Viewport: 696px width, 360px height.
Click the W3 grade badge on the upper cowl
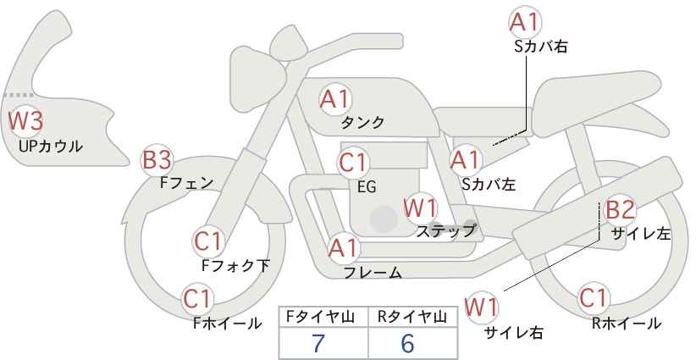point(25,121)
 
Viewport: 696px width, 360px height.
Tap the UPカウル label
point(51,146)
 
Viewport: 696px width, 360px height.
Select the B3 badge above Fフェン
point(157,160)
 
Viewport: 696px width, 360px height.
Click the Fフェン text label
point(186,182)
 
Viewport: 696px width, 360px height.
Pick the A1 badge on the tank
point(335,100)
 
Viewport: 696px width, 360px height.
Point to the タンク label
point(362,122)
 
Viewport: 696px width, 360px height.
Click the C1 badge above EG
point(353,163)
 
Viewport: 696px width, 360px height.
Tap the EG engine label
point(367,187)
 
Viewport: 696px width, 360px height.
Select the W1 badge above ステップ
point(420,208)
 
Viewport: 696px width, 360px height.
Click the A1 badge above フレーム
point(343,248)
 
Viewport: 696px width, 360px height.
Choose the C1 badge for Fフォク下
point(207,242)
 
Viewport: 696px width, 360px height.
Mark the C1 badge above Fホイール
point(197,299)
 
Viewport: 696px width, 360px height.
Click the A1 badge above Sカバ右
point(525,22)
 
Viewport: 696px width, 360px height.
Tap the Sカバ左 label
point(489,184)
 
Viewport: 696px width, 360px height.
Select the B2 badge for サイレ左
point(620,209)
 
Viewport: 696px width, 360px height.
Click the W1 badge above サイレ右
point(481,307)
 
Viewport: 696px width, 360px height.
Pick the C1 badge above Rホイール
point(593,298)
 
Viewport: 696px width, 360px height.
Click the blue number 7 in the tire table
point(318,343)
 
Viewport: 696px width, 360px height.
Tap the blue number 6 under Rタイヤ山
point(407,343)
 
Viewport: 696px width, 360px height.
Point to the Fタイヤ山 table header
point(320,317)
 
